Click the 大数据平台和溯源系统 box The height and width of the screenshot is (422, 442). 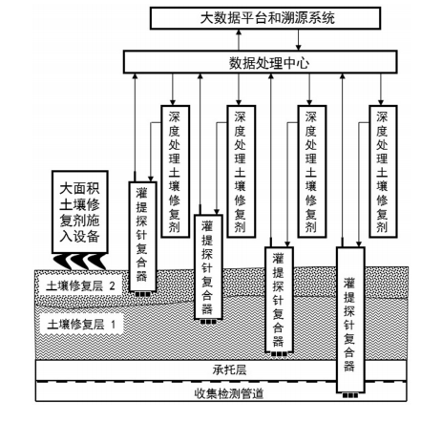click(265, 18)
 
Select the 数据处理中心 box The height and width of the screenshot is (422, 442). click(260, 62)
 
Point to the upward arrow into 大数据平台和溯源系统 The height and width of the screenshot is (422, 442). click(239, 40)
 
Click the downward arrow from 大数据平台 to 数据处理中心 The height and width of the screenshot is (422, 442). click(298, 40)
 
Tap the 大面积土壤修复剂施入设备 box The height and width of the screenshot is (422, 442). click(80, 212)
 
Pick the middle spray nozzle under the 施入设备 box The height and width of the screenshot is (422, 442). click(79, 262)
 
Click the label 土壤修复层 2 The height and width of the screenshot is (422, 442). click(80, 286)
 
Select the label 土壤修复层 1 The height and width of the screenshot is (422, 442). click(81, 325)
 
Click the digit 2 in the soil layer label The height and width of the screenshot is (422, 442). click(112, 286)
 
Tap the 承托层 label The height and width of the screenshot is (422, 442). click(229, 369)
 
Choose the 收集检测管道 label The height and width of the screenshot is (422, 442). click(229, 393)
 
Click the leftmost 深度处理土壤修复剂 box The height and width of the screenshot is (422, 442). click(176, 172)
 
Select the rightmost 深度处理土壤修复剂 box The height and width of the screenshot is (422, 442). click(383, 172)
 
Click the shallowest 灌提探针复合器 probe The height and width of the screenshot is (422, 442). click(142, 237)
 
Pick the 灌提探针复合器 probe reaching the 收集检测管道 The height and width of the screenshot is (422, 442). click(350, 320)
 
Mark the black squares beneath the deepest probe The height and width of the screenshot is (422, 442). click(350, 396)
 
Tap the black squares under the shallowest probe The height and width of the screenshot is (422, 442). click(142, 294)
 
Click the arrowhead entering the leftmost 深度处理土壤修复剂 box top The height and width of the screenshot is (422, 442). click(173, 102)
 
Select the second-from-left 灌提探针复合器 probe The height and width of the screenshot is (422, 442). click(208, 266)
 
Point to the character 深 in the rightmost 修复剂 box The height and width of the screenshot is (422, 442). click(383, 117)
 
